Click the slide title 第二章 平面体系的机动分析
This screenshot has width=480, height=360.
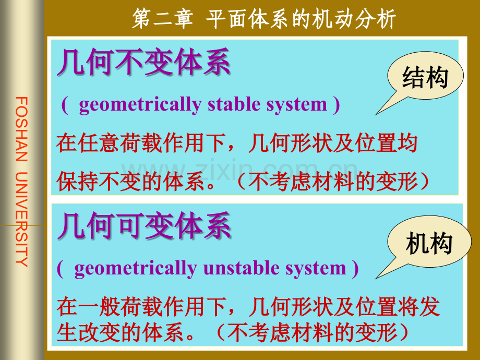(x=264, y=18)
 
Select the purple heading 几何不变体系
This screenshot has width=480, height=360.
(x=144, y=62)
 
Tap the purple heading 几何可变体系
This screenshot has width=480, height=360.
(x=144, y=225)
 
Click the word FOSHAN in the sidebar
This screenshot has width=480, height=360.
(x=21, y=129)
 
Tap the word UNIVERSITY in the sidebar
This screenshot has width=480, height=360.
(x=21, y=220)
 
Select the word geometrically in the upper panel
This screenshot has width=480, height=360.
(x=140, y=105)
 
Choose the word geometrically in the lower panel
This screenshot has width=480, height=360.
(x=135, y=269)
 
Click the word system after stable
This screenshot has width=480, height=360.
(x=297, y=105)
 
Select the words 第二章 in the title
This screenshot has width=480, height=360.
(x=163, y=18)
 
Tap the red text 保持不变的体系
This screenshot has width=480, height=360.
(x=131, y=181)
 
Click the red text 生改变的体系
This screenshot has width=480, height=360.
(x=120, y=332)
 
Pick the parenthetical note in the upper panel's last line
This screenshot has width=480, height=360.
(x=332, y=181)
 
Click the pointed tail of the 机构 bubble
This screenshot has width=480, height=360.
(x=377, y=278)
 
